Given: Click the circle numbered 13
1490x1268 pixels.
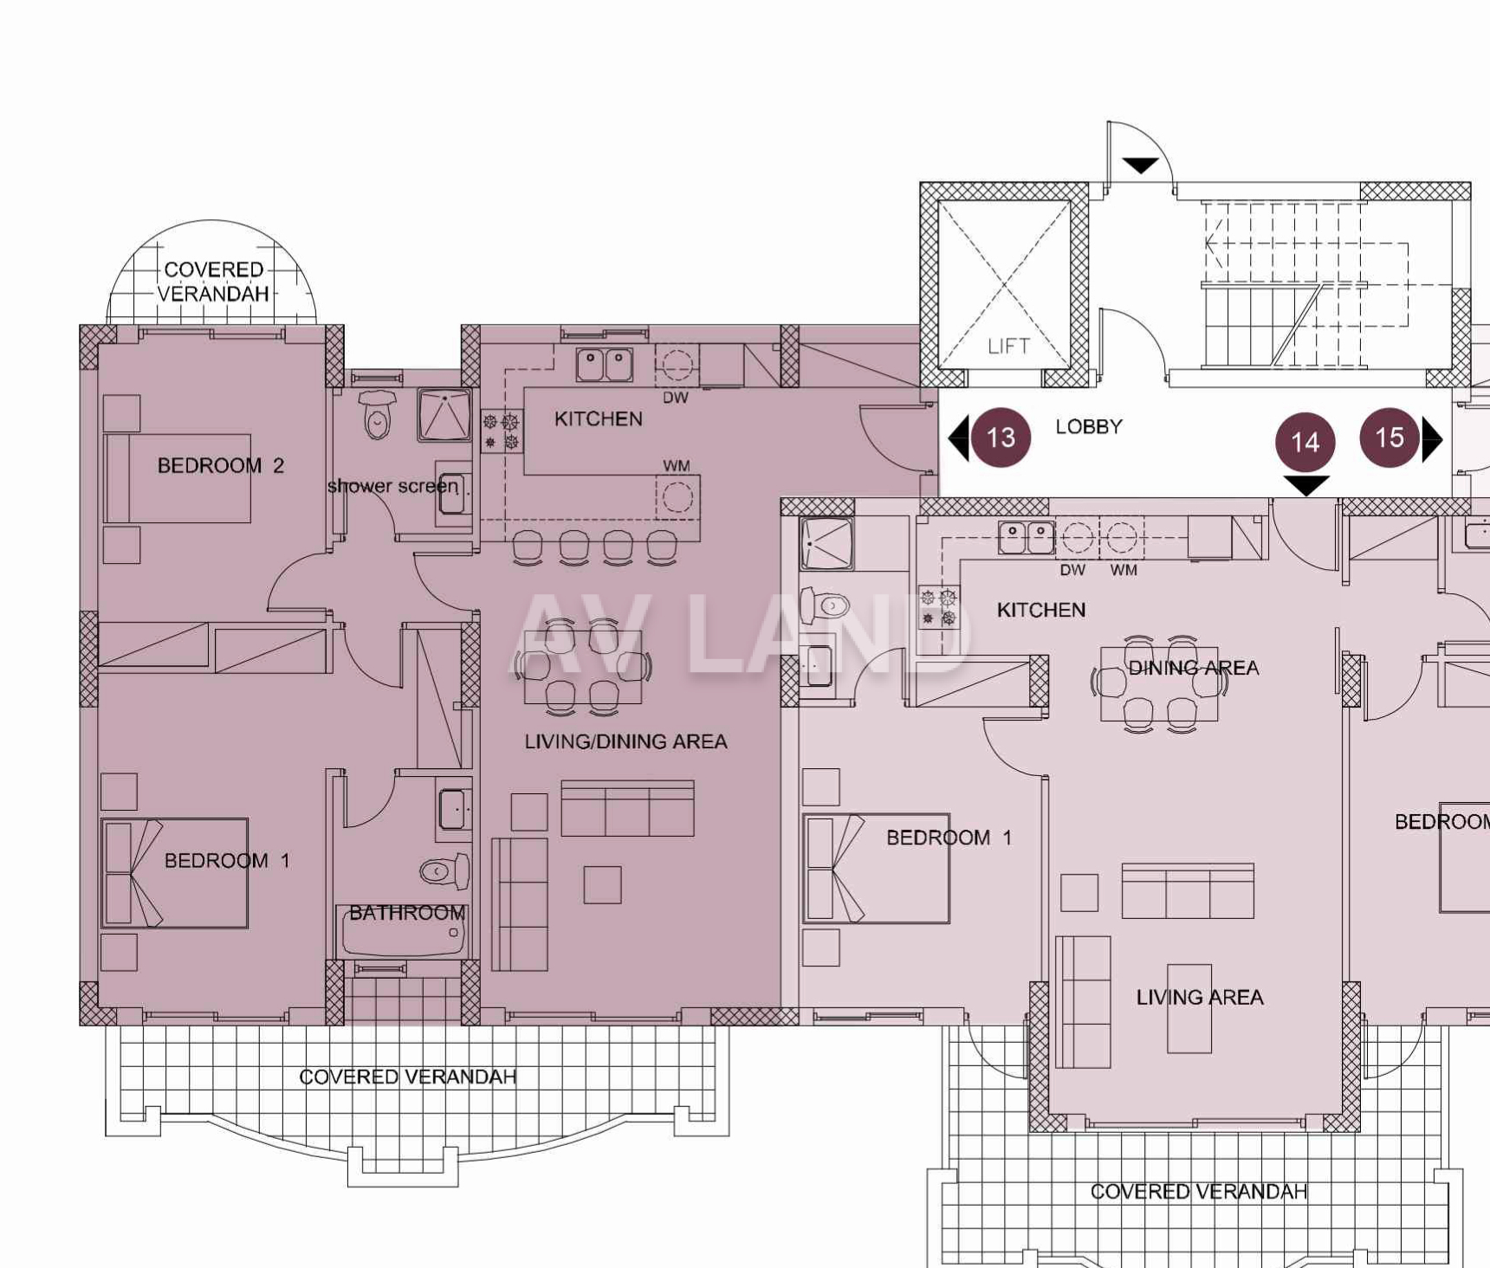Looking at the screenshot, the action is pyautogui.click(x=1001, y=437).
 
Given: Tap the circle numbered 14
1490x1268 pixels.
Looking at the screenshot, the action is pyautogui.click(x=1305, y=442).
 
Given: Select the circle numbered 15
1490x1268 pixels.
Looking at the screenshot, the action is pyautogui.click(x=1390, y=437).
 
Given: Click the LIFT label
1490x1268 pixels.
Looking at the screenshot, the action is pyautogui.click(x=1008, y=346).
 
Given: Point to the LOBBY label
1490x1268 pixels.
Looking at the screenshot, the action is pyautogui.click(x=1089, y=427).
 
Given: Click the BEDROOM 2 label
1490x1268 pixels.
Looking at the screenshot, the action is pyautogui.click(x=220, y=466).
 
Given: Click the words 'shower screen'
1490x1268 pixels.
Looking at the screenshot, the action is pyautogui.click(x=392, y=487).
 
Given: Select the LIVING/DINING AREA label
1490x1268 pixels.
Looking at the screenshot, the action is pyautogui.click(x=625, y=741).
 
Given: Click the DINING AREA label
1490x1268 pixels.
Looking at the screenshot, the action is pyautogui.click(x=1193, y=668).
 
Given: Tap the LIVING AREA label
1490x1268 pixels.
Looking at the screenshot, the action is pyautogui.click(x=1200, y=998).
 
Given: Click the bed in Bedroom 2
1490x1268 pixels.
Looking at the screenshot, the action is pyautogui.click(x=178, y=479).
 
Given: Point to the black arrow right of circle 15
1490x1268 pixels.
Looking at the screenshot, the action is pyautogui.click(x=1433, y=439).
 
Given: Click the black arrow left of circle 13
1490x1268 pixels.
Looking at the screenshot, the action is pyautogui.click(x=959, y=438).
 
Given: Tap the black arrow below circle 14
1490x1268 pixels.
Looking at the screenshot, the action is pyautogui.click(x=1305, y=485).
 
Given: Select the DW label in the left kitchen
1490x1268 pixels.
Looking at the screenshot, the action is pyautogui.click(x=676, y=398).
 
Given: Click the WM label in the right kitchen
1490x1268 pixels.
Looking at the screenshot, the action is pyautogui.click(x=1124, y=570).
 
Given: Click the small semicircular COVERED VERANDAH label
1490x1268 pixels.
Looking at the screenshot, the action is pyautogui.click(x=213, y=281).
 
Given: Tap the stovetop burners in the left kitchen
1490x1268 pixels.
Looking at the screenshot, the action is pyautogui.click(x=502, y=431).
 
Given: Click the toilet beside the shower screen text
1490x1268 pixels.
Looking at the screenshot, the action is pyautogui.click(x=377, y=415).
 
